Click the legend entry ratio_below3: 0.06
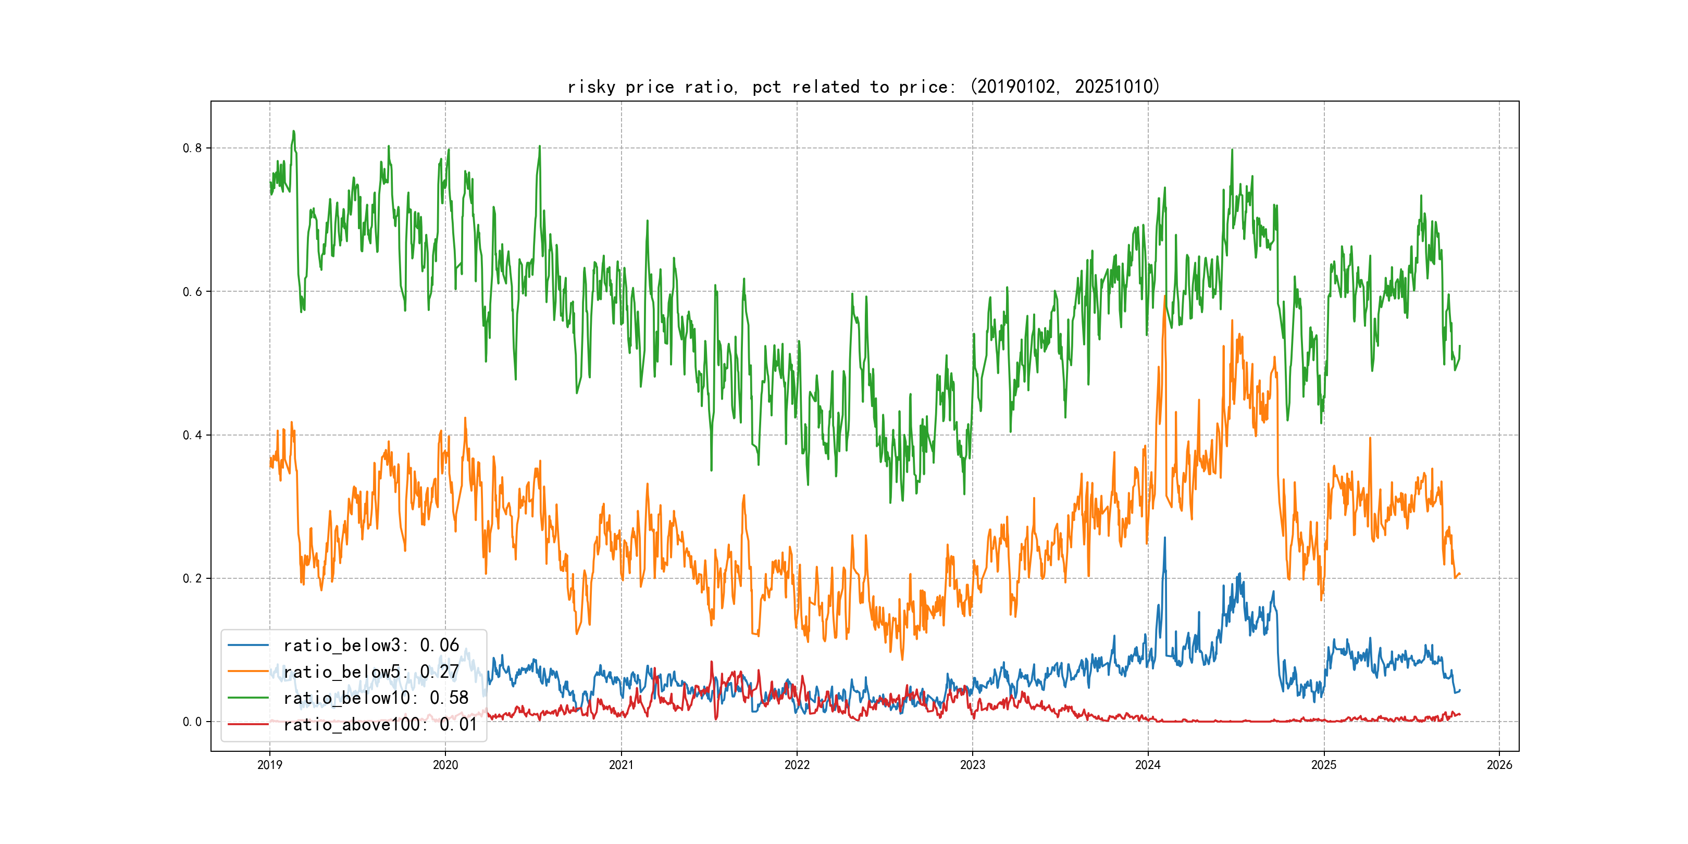pyautogui.click(x=371, y=646)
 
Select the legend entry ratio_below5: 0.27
pyautogui.click(x=371, y=672)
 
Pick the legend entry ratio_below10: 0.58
pyautogui.click(x=376, y=698)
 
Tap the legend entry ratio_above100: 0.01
pyautogui.click(x=380, y=724)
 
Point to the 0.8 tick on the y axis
pyautogui.click(x=192, y=148)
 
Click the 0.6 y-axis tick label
pyautogui.click(x=192, y=292)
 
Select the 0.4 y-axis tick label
pyautogui.click(x=192, y=435)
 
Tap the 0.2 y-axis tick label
pyautogui.click(x=192, y=579)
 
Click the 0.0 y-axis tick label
pyautogui.click(x=192, y=722)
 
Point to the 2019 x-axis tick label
pyautogui.click(x=270, y=765)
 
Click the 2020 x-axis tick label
pyautogui.click(x=445, y=765)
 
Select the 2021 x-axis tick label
pyautogui.click(x=621, y=765)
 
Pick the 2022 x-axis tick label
pyautogui.click(x=797, y=765)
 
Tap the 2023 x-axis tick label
pyautogui.click(x=973, y=765)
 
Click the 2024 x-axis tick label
pyautogui.click(x=1148, y=765)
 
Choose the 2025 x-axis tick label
pyautogui.click(x=1324, y=765)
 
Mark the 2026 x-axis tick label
pyautogui.click(x=1499, y=765)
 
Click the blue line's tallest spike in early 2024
pyautogui.click(x=1164, y=539)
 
